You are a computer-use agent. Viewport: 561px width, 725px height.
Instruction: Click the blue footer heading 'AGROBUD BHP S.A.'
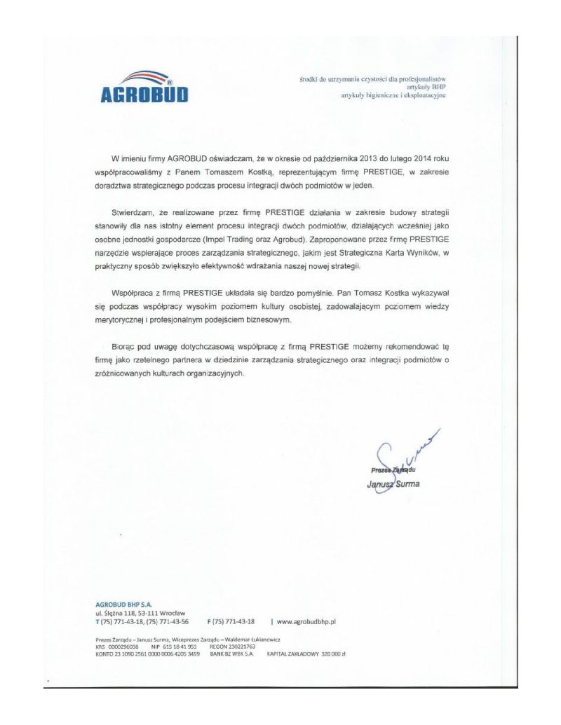click(123, 602)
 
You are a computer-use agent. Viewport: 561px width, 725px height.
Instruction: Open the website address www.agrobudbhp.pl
click(308, 620)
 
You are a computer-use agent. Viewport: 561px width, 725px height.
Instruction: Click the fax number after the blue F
click(236, 620)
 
